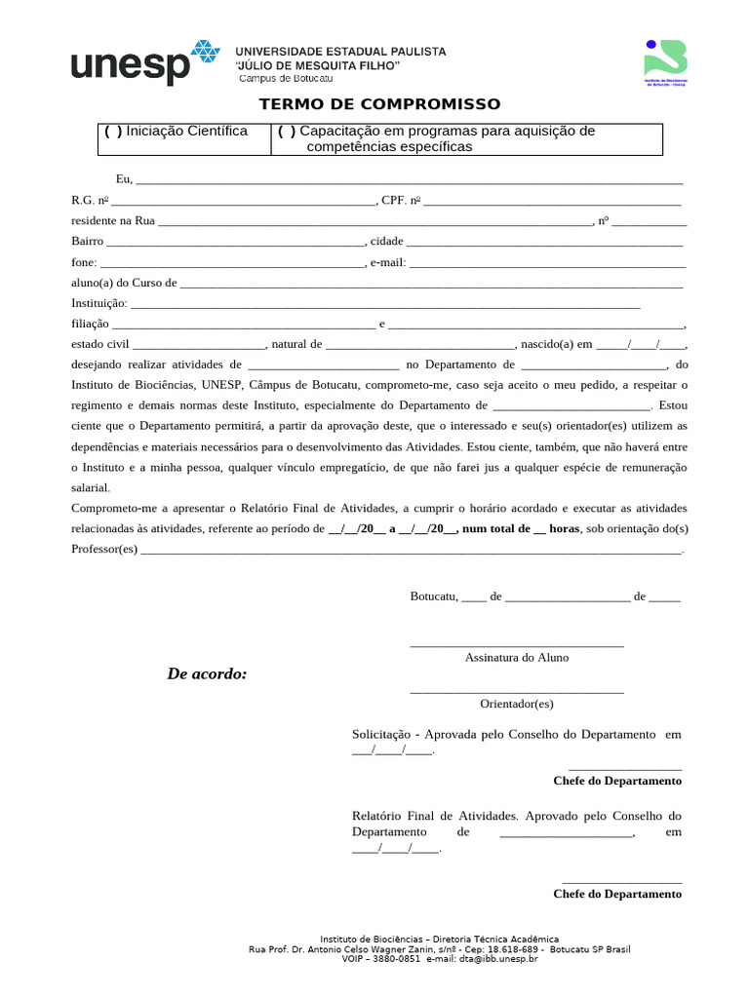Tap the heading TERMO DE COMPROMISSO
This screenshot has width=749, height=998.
click(379, 104)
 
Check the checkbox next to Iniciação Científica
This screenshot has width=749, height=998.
click(113, 132)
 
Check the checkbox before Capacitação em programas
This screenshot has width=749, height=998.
click(287, 132)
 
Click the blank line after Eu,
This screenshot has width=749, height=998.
click(410, 180)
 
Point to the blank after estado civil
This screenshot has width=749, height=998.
click(199, 345)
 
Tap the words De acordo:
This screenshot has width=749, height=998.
click(207, 673)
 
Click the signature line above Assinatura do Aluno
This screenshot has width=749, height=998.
click(517, 644)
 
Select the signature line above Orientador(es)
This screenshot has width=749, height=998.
click(517, 691)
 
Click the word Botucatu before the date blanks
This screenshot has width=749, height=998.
click(433, 596)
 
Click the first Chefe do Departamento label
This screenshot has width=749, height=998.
click(617, 781)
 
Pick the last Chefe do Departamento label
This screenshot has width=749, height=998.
click(617, 894)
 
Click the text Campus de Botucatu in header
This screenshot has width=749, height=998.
click(286, 78)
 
